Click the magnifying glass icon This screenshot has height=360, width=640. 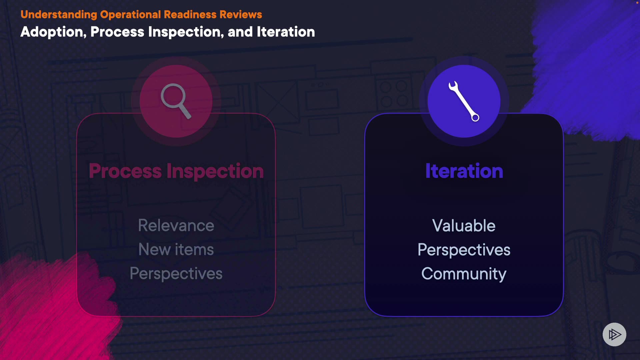coord(176,101)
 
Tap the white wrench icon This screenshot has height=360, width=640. coord(464,101)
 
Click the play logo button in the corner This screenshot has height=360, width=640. coord(614,334)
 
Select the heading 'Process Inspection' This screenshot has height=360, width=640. coord(176,171)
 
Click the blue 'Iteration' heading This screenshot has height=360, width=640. coord(464,171)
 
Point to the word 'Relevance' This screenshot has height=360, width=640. coord(176,225)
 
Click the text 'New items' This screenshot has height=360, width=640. coord(176,249)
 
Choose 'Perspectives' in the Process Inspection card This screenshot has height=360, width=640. coord(176,274)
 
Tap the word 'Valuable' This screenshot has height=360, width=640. coord(464,225)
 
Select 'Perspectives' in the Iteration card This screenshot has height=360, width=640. coord(464,250)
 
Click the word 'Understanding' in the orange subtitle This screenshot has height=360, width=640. coord(59,15)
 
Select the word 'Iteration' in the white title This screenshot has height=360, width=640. coord(286,32)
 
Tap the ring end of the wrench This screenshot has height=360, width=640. coord(475,117)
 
